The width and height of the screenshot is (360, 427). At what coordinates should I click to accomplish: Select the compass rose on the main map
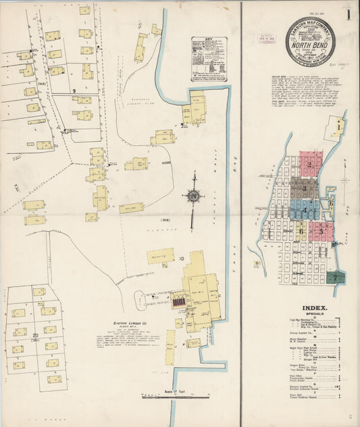pyautogui.click(x=193, y=197)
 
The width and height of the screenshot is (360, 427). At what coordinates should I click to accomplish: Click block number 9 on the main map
pyautogui.click(x=73, y=90)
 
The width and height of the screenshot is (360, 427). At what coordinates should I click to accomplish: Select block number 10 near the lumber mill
pyautogui.click(x=182, y=258)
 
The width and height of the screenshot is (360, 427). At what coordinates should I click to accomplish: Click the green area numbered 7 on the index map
pyautogui.click(x=336, y=277)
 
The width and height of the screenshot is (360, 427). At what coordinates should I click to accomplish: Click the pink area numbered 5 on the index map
pyautogui.click(x=322, y=230)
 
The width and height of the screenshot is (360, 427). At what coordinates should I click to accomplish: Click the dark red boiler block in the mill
pyautogui.click(x=179, y=302)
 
